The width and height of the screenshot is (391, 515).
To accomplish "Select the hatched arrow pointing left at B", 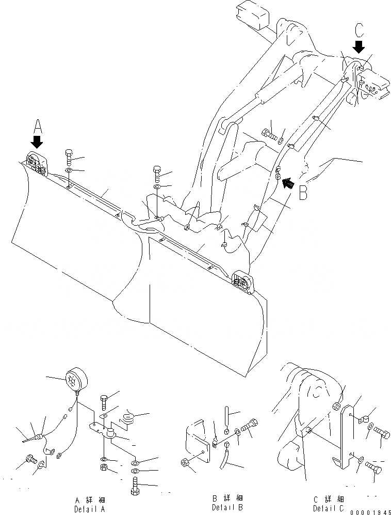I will click(x=287, y=182).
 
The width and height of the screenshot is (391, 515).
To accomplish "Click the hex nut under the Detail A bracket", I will click(x=103, y=469).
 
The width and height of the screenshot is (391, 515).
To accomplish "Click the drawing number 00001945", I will click(x=369, y=510).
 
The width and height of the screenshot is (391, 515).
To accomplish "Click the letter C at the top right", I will click(x=359, y=31).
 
